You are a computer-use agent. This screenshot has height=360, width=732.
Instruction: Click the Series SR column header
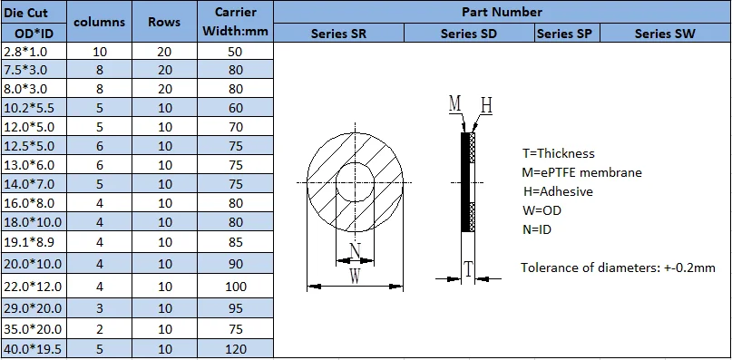tap(338, 34)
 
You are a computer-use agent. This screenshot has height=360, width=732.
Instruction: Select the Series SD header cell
tap(469, 34)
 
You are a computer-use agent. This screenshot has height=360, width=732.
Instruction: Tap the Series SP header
tap(565, 34)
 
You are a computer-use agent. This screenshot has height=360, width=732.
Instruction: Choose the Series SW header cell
tap(665, 34)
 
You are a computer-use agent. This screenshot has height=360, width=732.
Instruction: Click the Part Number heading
tap(503, 12)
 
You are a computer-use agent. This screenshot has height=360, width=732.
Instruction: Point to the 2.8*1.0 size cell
tap(24, 51)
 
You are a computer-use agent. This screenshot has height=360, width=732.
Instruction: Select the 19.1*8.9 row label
tap(28, 242)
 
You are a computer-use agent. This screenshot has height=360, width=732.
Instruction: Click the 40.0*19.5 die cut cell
tap(33, 349)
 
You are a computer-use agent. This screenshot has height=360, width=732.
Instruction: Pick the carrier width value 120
tap(236, 349)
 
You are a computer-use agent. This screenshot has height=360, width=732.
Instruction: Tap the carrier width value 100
tap(236, 287)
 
